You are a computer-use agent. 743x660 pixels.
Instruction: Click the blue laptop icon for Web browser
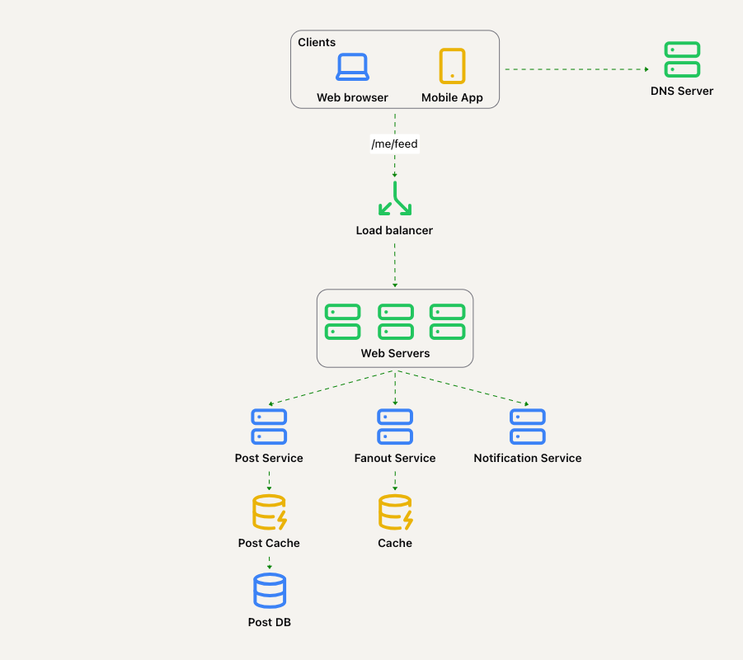353,67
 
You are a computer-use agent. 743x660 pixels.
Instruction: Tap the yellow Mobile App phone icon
452,66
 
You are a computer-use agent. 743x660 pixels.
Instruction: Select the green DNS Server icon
682,59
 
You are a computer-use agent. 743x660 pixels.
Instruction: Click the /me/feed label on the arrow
395,144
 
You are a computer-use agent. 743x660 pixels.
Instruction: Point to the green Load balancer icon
395,198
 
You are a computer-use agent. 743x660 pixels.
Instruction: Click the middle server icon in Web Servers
396,322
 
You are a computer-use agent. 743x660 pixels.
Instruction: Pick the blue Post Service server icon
269,427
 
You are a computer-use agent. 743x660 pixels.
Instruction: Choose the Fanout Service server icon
395,427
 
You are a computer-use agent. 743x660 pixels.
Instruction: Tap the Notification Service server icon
528,427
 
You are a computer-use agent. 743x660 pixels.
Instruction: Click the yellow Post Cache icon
269,512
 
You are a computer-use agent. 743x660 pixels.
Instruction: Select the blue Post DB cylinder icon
270,591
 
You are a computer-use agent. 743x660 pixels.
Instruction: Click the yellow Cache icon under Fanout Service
395,512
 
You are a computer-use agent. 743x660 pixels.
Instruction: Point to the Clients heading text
317,42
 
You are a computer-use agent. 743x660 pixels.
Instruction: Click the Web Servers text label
395,353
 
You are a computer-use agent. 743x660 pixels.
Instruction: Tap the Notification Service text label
528,458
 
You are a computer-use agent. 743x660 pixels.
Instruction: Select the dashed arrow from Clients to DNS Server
576,69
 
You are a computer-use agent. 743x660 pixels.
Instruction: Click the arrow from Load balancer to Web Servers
395,266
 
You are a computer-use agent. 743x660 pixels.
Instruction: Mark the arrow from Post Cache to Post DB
269,563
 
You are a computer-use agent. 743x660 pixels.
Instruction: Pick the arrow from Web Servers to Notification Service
462,388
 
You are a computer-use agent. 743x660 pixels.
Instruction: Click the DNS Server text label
682,91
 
